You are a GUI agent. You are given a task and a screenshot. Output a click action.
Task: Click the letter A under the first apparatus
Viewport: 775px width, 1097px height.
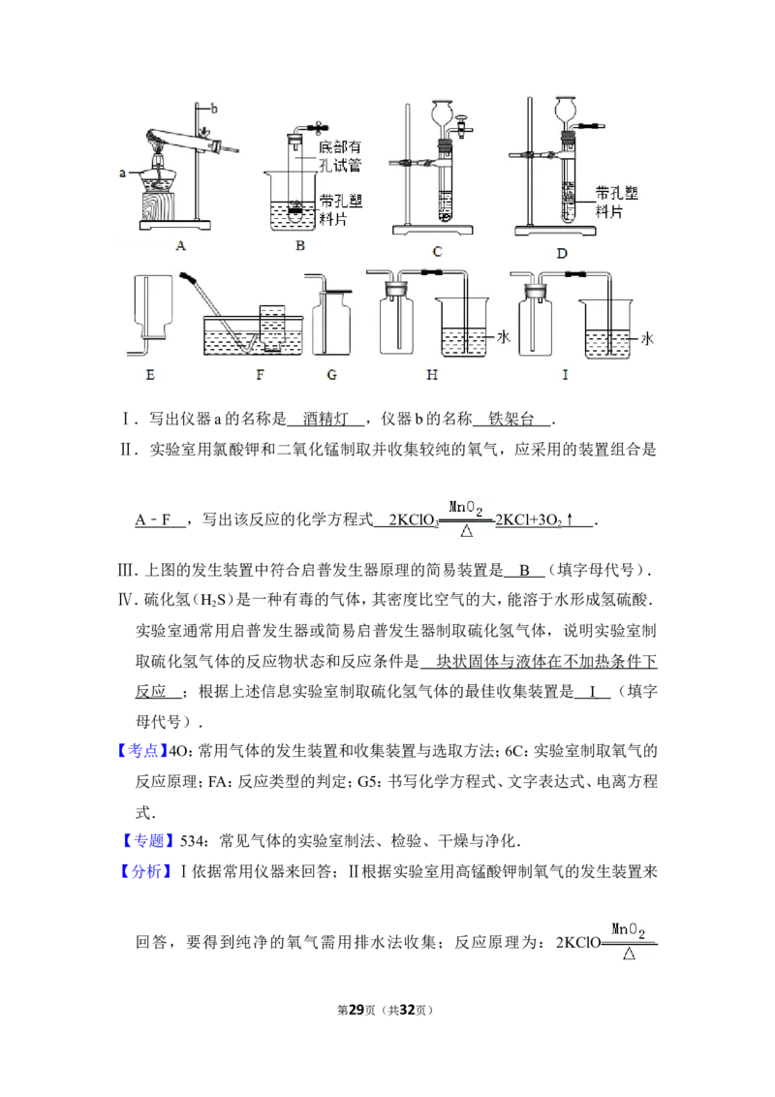[x=180, y=245]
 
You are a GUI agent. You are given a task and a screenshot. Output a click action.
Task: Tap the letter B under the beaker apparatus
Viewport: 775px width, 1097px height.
[x=300, y=245]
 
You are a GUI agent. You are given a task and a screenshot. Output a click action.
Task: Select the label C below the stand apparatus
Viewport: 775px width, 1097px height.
[x=437, y=252]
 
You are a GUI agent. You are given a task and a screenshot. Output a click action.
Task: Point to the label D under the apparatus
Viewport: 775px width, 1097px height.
[x=562, y=253]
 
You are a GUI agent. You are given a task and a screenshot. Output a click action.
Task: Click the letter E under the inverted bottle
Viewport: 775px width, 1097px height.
[x=150, y=375]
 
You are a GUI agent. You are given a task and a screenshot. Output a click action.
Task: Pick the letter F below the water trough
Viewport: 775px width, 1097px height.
[x=260, y=375]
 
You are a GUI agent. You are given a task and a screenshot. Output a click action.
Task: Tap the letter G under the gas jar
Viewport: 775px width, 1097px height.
[x=331, y=375]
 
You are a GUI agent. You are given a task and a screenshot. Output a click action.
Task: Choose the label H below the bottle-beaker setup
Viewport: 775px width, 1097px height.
[x=431, y=375]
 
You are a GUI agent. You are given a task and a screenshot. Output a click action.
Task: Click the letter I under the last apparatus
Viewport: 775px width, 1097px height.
[x=565, y=375]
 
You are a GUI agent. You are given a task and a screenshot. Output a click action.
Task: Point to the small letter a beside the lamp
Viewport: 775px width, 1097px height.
[x=122, y=172]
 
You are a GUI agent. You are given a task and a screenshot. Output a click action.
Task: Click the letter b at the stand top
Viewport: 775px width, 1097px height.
[x=214, y=109]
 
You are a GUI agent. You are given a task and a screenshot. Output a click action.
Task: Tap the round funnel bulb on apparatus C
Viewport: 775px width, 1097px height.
[x=444, y=112]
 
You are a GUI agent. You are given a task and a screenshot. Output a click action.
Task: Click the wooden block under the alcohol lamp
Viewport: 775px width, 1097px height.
[x=159, y=205]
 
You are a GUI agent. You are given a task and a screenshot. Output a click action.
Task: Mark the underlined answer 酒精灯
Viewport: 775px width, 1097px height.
[x=325, y=419]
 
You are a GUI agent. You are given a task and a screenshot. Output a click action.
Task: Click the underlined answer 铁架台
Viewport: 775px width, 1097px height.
[x=511, y=419]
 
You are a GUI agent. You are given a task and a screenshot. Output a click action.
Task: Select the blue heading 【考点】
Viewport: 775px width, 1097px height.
[x=142, y=751]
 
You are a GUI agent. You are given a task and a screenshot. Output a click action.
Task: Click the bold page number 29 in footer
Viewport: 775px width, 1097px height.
[x=356, y=1010]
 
